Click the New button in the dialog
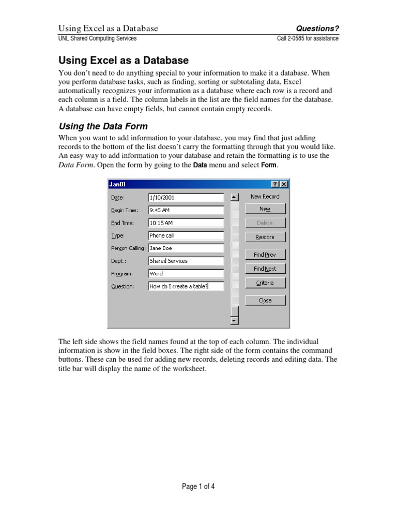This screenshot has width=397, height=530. [x=265, y=209]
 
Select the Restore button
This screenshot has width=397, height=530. [x=265, y=237]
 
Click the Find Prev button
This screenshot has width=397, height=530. [x=265, y=255]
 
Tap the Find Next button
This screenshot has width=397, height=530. [x=265, y=269]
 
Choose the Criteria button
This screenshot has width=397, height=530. [x=265, y=283]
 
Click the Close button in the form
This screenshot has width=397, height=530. [x=265, y=300]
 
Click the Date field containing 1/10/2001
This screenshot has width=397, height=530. [x=186, y=197]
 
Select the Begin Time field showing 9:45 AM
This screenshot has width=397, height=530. [x=186, y=210]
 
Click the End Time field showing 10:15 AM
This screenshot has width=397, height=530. [x=186, y=223]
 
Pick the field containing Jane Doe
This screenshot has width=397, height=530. [x=186, y=248]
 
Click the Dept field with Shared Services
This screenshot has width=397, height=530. [x=186, y=261]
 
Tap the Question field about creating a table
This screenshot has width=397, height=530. [x=186, y=286]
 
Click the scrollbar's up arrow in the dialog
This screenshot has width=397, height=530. [x=235, y=197]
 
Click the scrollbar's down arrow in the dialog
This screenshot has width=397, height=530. [x=235, y=321]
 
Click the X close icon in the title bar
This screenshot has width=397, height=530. [x=284, y=184]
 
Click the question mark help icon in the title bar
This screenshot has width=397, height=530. [x=275, y=184]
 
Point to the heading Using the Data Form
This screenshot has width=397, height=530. [x=103, y=126]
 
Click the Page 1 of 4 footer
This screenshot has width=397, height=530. [x=198, y=487]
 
